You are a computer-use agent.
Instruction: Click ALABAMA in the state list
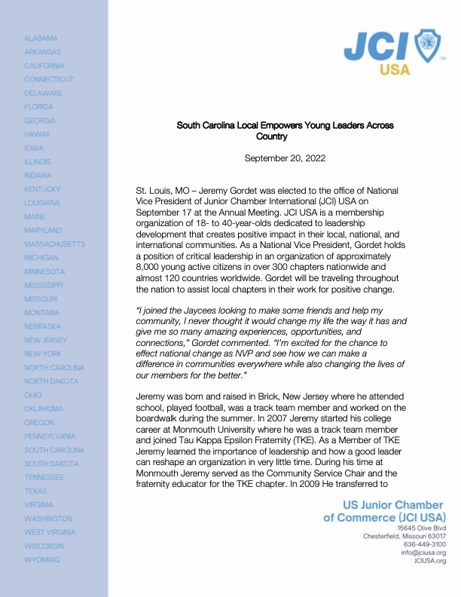tap(41, 38)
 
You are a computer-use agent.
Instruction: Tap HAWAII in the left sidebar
tap(37, 134)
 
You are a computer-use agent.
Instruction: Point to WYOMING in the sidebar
tap(41, 560)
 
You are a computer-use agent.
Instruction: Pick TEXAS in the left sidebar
tap(35, 491)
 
